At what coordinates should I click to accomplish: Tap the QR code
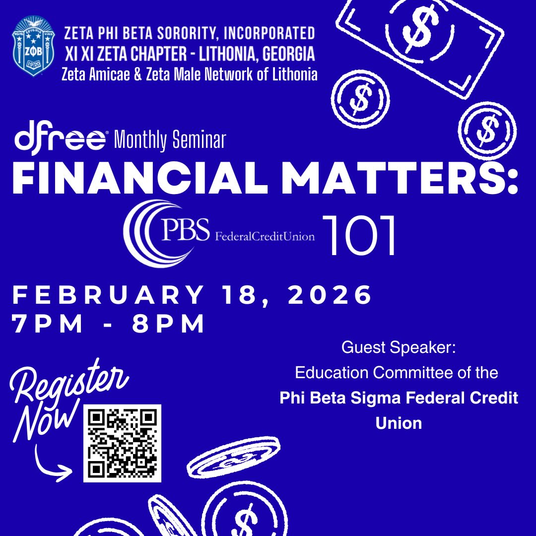122,443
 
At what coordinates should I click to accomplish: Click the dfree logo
60,139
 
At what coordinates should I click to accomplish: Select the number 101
360,235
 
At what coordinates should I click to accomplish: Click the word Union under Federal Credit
399,423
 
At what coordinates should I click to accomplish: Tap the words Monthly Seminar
170,141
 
